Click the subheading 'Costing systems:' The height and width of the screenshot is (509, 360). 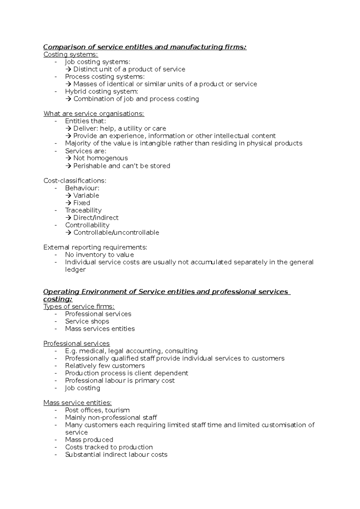coord(70,54)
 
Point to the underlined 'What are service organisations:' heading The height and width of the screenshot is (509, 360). coord(94,114)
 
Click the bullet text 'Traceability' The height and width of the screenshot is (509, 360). coord(83,210)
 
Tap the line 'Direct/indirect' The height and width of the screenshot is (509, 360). coord(96,218)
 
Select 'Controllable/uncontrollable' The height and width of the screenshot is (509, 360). coord(116,233)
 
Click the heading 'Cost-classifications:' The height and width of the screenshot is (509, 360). coord(75,181)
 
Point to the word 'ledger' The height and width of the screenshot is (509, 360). coord(75,270)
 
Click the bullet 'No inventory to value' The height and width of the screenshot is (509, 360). coord(99,255)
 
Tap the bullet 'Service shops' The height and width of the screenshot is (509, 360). coord(87,321)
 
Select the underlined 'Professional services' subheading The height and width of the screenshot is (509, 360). coord(76,344)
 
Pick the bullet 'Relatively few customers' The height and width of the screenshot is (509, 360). coord(105,366)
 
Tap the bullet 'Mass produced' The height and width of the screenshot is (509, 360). coord(89,440)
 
